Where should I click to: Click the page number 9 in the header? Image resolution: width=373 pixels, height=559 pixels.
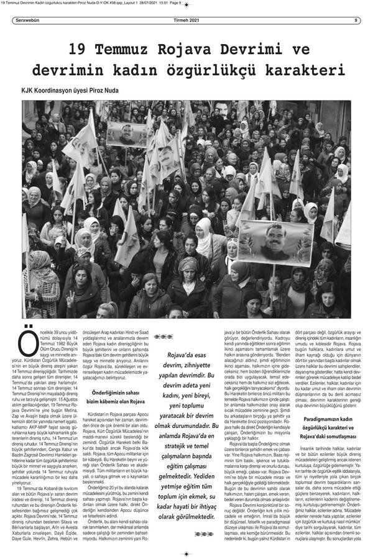coord(356,19)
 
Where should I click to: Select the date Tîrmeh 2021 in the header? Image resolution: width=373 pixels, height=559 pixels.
coord(186,19)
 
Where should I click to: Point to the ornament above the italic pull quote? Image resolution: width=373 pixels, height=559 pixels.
coord(163,337)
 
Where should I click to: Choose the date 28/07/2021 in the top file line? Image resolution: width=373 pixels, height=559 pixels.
coord(135,3)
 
